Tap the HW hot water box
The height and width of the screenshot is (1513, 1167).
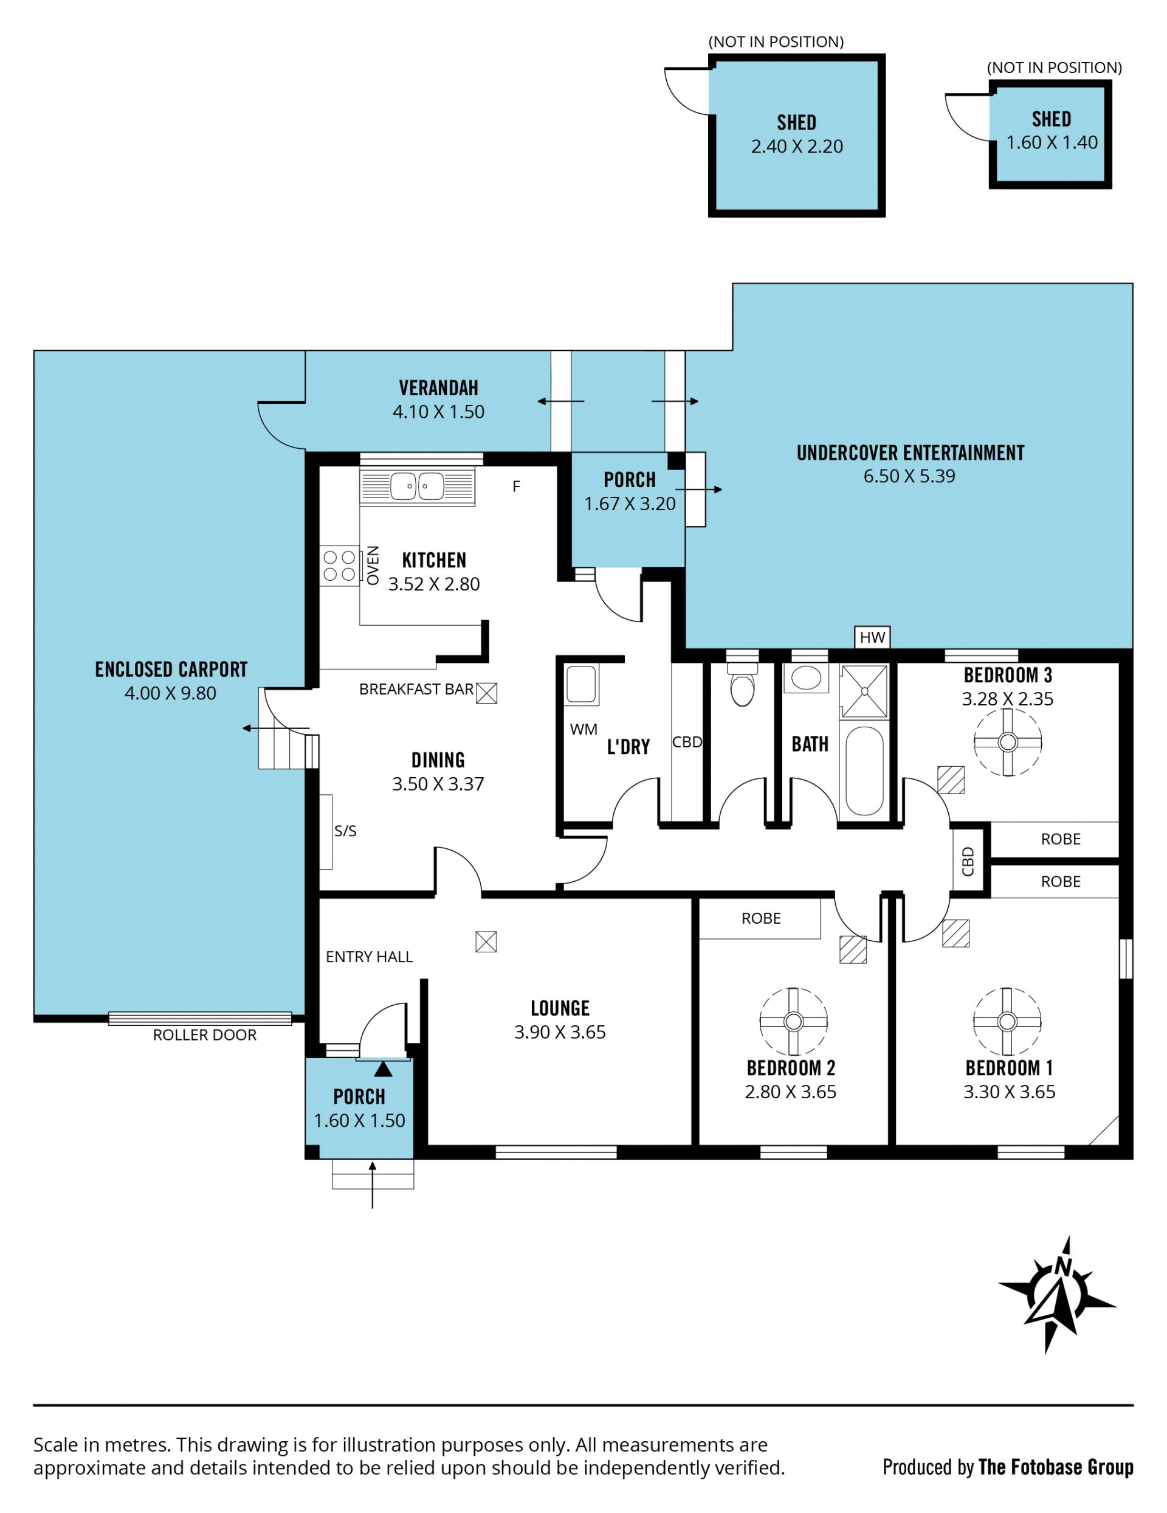click(x=872, y=637)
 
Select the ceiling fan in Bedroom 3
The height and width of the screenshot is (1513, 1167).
click(x=1008, y=742)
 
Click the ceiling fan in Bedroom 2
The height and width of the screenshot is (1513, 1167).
click(x=794, y=1022)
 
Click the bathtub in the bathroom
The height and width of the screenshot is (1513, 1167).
click(x=864, y=770)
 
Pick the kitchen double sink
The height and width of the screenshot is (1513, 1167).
click(x=417, y=486)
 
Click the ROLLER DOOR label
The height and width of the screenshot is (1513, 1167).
click(x=204, y=1035)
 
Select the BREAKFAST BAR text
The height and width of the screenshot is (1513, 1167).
click(x=416, y=689)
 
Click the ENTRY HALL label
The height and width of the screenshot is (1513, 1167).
click(x=369, y=957)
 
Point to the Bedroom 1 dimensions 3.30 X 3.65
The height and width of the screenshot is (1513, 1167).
click(x=1009, y=1092)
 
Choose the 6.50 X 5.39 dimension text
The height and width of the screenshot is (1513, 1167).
click(x=909, y=476)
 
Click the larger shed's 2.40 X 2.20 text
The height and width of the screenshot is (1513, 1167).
click(x=796, y=146)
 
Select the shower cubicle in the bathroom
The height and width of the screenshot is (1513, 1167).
click(x=864, y=691)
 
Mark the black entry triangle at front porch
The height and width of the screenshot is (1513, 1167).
click(x=383, y=1070)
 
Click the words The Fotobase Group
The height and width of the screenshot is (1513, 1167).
click(x=1056, y=1467)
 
